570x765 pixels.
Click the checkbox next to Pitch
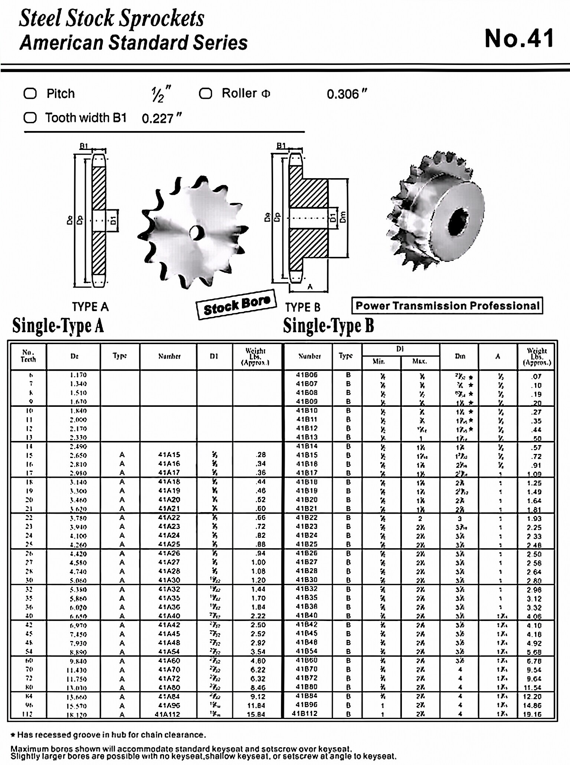[x=30, y=93]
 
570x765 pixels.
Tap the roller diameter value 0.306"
[x=347, y=94]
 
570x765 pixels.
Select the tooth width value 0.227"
[x=162, y=118]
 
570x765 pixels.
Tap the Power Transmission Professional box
[x=447, y=305]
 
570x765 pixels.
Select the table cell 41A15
[x=169, y=455]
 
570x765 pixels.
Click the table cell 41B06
[x=307, y=375]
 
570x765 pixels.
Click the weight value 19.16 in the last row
[x=533, y=714]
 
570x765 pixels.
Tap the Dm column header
[x=460, y=356]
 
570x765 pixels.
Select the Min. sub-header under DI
[x=379, y=361]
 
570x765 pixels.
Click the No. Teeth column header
[x=28, y=356]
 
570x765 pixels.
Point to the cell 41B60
[x=307, y=660]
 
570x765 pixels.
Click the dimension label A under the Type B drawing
[x=310, y=287]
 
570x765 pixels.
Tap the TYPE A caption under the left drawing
[x=90, y=307]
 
